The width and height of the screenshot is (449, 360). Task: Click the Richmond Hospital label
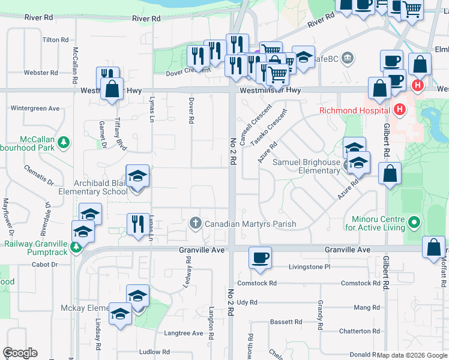[x=355, y=110]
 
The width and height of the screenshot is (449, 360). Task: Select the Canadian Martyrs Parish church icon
[x=195, y=224]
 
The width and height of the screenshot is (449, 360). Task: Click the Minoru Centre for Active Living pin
[x=414, y=224]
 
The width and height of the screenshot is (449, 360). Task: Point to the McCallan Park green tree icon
[x=64, y=142]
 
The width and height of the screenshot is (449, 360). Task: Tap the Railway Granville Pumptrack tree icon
[x=76, y=247]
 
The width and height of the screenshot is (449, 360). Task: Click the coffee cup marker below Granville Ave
[x=260, y=258]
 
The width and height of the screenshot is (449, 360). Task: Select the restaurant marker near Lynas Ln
[x=138, y=224]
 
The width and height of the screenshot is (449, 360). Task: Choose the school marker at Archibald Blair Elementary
[x=137, y=176]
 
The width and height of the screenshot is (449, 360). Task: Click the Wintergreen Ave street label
[x=35, y=109]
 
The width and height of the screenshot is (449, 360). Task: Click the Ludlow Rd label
[x=154, y=352]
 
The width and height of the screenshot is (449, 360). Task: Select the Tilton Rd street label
[x=56, y=40]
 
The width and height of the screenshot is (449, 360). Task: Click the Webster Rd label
[x=41, y=73]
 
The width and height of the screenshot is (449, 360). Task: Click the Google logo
[x=20, y=353]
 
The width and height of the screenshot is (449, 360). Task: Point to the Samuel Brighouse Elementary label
[x=306, y=166]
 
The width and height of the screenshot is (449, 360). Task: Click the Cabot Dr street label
[x=44, y=264]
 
